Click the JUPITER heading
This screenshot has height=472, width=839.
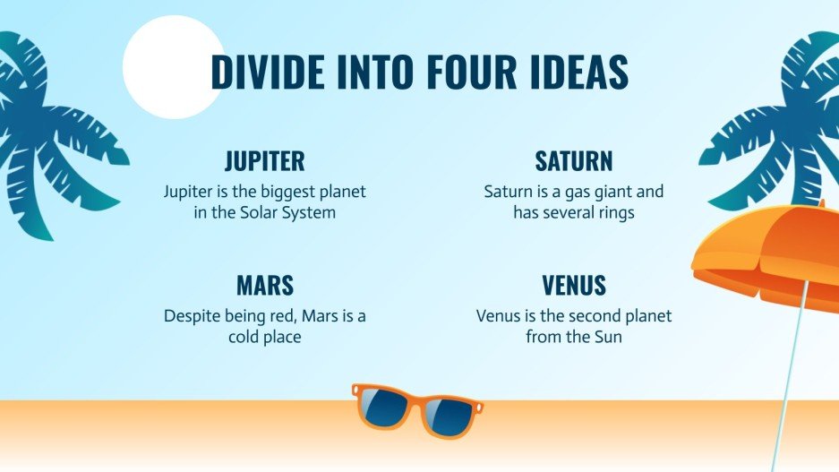pyautogui.click(x=264, y=161)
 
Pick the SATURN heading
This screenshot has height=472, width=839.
pyautogui.click(x=573, y=161)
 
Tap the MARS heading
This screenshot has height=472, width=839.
pyautogui.click(x=264, y=286)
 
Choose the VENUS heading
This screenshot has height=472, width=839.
pyautogui.click(x=573, y=286)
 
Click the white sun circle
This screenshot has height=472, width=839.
pyautogui.click(x=172, y=67)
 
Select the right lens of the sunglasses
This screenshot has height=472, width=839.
pyautogui.click(x=447, y=416)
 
